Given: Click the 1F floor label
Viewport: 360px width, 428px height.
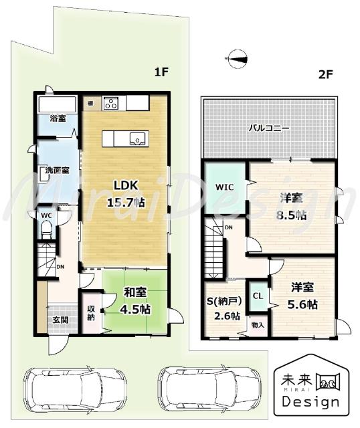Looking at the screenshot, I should pyautogui.click(x=161, y=73).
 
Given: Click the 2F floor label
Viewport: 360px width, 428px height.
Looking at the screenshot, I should pyautogui.click(x=325, y=75).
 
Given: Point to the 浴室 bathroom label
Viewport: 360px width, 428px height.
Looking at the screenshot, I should pyautogui.click(x=58, y=118).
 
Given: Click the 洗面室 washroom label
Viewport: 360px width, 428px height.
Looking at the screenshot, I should pyautogui.click(x=58, y=170).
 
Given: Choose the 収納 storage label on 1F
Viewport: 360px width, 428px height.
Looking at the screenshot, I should pyautogui.click(x=91, y=313).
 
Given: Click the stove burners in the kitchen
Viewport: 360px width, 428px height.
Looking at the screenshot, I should pyautogui.click(x=111, y=103).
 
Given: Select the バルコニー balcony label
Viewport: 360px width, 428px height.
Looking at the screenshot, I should pyautogui.click(x=269, y=127).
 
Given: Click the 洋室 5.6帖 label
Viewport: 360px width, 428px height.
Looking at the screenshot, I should pyautogui.click(x=304, y=296).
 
